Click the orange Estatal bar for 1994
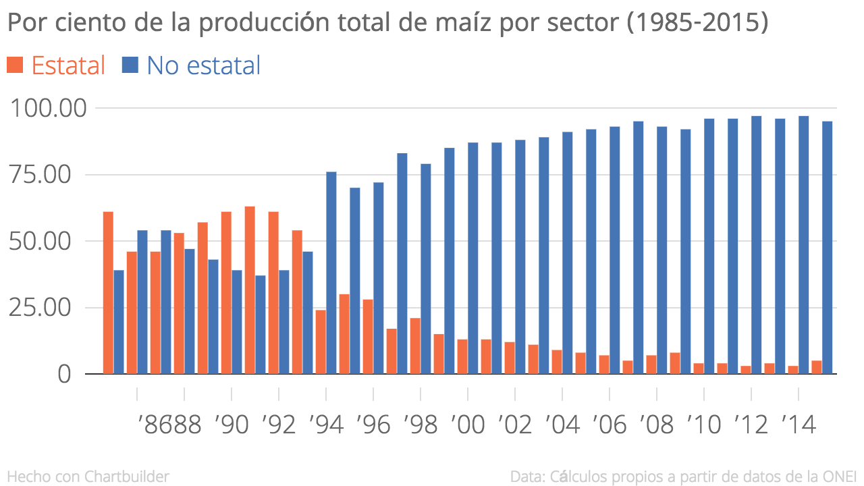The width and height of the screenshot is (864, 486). point(321,342)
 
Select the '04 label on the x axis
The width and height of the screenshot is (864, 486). point(562,425)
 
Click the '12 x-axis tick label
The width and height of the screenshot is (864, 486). point(751,425)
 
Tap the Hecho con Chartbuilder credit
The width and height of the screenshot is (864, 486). point(88,477)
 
